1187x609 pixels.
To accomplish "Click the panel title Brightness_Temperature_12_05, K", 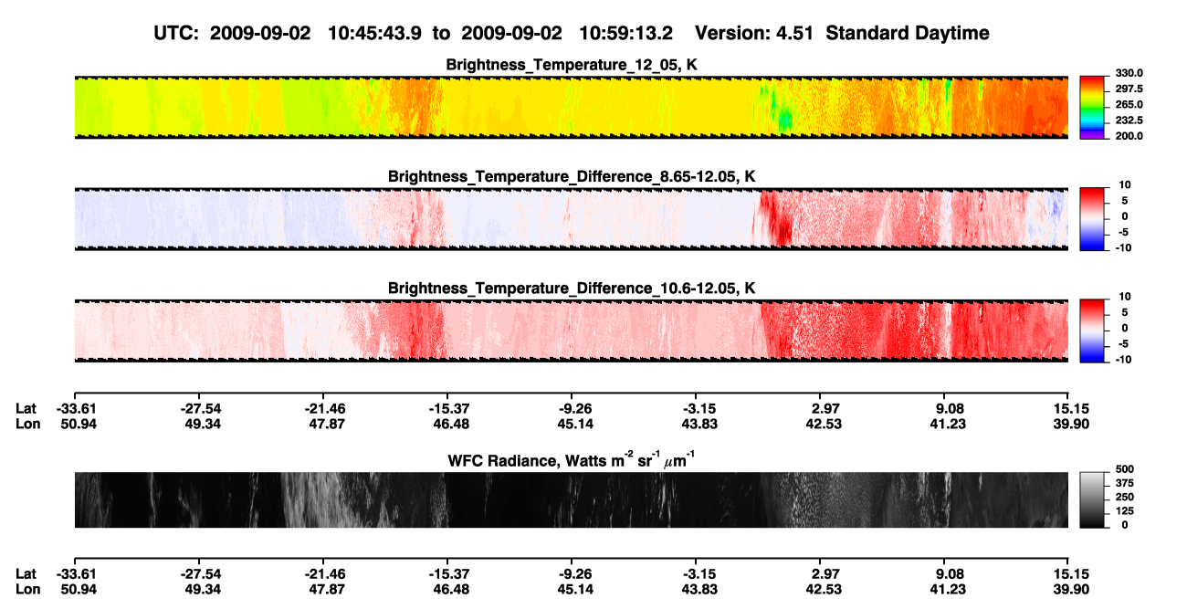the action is point(572,65).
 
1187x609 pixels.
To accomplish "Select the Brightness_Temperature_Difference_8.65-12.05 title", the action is point(572,176).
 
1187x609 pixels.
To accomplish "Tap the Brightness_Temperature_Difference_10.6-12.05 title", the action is point(572,289).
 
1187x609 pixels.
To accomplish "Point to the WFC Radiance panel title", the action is point(572,459).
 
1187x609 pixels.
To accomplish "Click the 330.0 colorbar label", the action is point(1129,73).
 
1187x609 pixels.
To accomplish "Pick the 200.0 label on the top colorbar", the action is point(1129,136).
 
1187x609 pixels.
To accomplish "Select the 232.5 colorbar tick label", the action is point(1129,121).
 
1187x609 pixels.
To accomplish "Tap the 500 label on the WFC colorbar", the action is point(1125,469).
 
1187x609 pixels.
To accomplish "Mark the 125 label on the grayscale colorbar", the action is point(1125,511).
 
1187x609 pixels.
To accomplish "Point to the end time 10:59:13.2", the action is point(625,34).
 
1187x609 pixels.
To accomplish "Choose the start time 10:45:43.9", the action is point(374,34).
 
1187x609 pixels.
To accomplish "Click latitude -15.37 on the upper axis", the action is point(449,409).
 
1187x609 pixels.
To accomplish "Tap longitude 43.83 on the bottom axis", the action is point(699,590).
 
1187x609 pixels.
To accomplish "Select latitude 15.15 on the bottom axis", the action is point(1071,574).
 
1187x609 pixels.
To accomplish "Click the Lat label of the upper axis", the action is point(26,409).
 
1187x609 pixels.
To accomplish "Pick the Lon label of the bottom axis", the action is point(27,590).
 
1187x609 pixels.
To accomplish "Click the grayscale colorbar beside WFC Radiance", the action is point(1092,499).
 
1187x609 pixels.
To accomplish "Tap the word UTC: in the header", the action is point(176,34).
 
